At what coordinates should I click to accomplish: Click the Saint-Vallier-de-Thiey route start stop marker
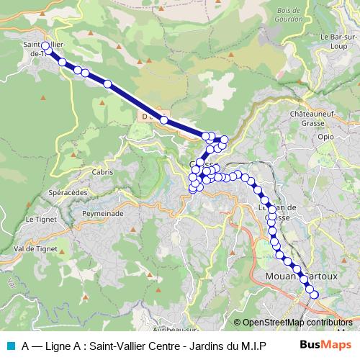(45, 46)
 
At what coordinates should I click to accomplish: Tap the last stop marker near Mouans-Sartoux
(313, 294)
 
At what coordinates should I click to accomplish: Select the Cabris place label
(102, 172)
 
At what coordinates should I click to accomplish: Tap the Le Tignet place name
(40, 219)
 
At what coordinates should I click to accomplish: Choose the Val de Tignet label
(36, 249)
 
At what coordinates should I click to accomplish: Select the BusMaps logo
(325, 344)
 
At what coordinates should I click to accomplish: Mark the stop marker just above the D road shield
(164, 120)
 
